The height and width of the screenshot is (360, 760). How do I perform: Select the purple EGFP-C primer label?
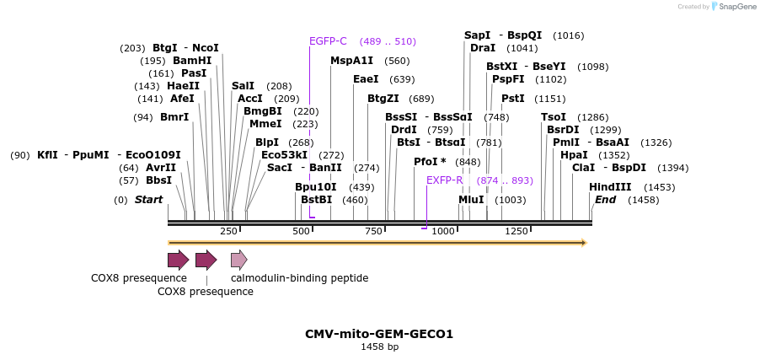(x=328, y=41)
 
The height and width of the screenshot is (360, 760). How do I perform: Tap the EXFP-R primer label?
(x=444, y=180)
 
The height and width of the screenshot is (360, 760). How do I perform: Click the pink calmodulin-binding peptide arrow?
(x=239, y=259)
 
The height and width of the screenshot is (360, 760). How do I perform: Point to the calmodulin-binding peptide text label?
(x=299, y=277)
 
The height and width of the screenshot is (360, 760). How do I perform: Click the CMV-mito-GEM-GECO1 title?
(x=379, y=334)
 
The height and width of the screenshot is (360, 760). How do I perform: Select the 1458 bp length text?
(x=379, y=347)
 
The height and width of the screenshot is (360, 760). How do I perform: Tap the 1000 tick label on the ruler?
(x=443, y=231)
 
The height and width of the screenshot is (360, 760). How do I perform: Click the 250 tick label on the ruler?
(x=228, y=231)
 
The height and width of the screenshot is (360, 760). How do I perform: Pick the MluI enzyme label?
(x=471, y=200)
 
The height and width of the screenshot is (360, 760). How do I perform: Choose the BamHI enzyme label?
(x=192, y=61)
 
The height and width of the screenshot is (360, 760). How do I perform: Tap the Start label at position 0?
(x=148, y=200)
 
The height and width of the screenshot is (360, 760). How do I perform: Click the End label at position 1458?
(x=605, y=200)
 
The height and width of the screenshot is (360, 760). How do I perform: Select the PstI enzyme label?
(x=512, y=99)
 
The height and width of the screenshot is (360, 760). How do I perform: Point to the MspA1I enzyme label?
(x=351, y=61)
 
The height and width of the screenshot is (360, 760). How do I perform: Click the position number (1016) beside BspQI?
(x=568, y=35)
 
